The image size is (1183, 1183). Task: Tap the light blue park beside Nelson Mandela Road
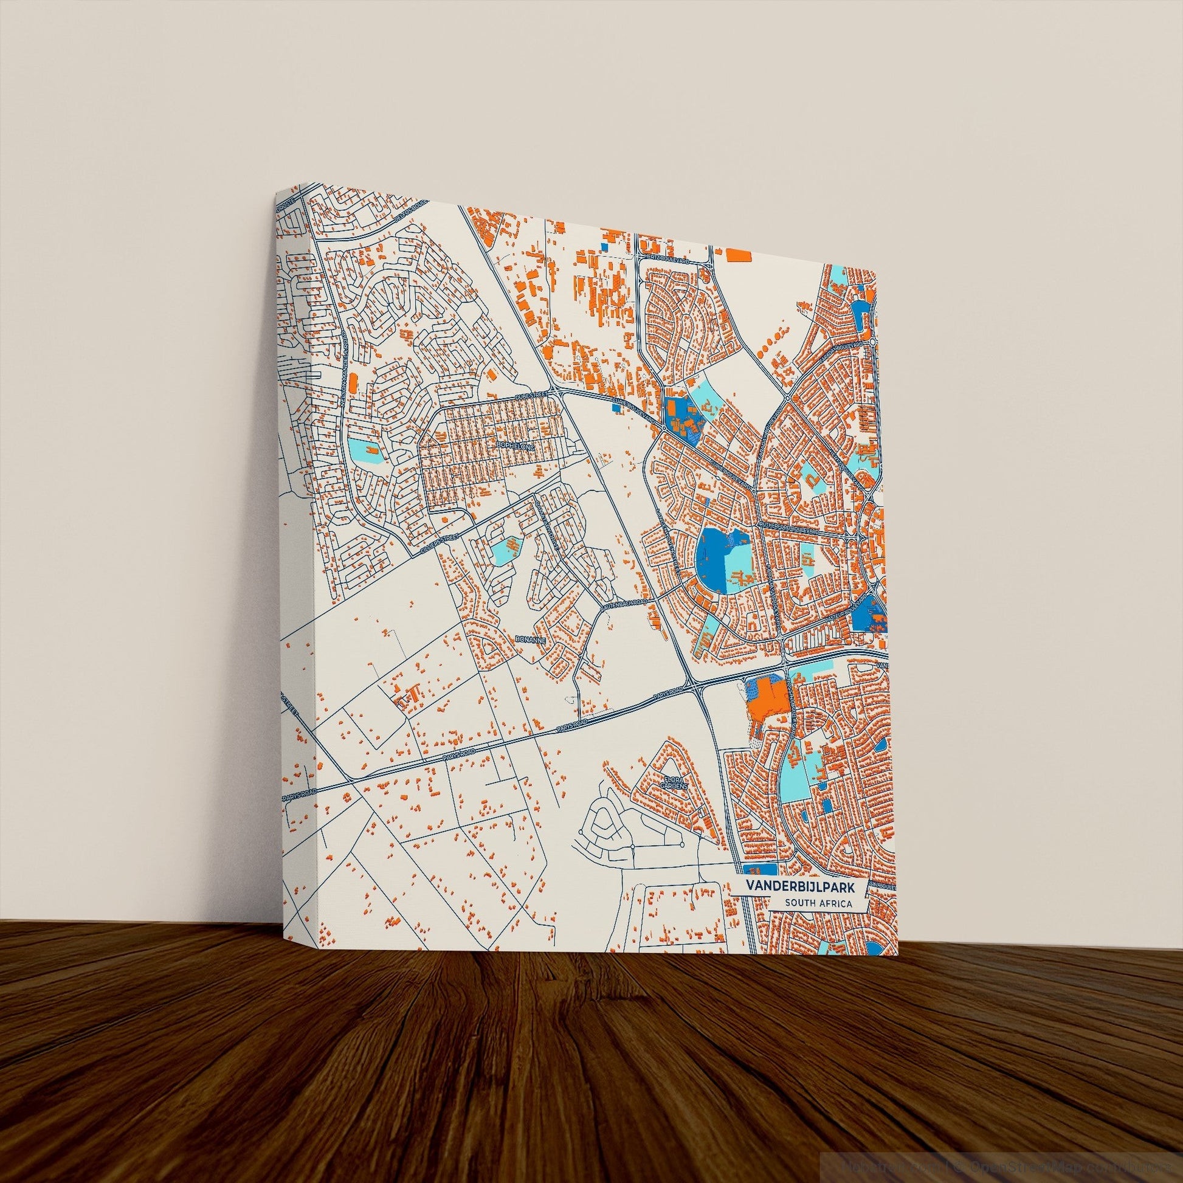click(x=362, y=451)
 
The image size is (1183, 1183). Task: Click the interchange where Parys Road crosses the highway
click(x=692, y=687)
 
